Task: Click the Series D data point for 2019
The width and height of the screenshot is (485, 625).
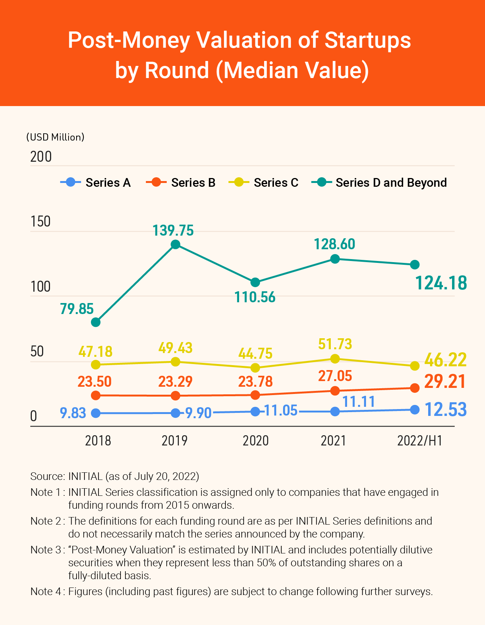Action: [175, 244]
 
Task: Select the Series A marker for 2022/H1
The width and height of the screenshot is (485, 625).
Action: [415, 409]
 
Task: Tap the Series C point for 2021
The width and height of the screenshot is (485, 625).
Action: [335, 358]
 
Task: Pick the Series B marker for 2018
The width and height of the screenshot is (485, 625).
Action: [96, 395]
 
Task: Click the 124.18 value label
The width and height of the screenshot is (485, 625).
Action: [441, 283]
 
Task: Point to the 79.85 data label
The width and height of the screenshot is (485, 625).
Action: [77, 309]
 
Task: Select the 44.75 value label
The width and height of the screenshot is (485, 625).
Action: [255, 353]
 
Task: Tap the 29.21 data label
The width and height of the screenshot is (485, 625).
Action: [445, 381]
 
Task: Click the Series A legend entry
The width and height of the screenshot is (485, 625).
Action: [96, 183]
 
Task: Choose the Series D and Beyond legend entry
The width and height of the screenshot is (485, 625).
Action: [379, 183]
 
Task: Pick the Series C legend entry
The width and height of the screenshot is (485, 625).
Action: [264, 183]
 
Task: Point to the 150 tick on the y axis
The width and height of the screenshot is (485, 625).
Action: [41, 222]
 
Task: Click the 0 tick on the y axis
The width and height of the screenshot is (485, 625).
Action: [34, 416]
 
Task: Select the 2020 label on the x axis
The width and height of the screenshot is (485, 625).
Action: [256, 441]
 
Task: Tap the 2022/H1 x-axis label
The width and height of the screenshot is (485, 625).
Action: [420, 441]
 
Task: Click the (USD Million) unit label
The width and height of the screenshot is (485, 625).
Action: [55, 137]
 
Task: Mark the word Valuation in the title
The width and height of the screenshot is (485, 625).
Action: [244, 40]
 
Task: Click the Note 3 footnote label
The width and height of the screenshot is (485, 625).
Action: [46, 550]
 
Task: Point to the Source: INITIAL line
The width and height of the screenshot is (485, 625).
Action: [115, 476]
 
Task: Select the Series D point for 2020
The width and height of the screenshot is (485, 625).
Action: [255, 282]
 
